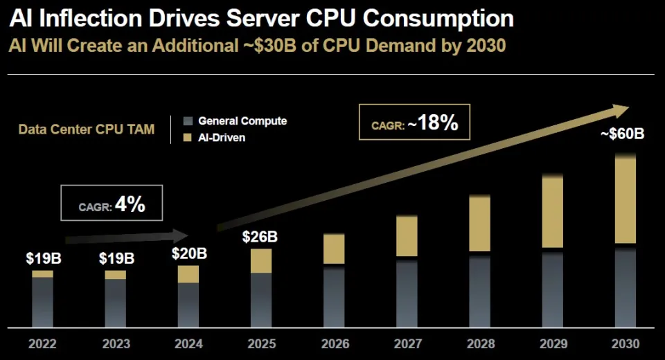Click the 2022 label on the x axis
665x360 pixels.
coord(42,343)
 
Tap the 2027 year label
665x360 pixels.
coord(407,343)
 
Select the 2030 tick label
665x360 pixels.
coord(626,343)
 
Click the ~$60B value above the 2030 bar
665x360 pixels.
coord(622,134)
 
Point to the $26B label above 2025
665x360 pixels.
coord(260,237)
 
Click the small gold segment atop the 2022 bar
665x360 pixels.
coord(42,274)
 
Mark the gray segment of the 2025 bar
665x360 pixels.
coord(261,299)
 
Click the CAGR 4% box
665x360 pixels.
coord(112,204)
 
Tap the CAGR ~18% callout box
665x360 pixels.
coord(414,123)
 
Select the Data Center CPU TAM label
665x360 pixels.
coord(86,129)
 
